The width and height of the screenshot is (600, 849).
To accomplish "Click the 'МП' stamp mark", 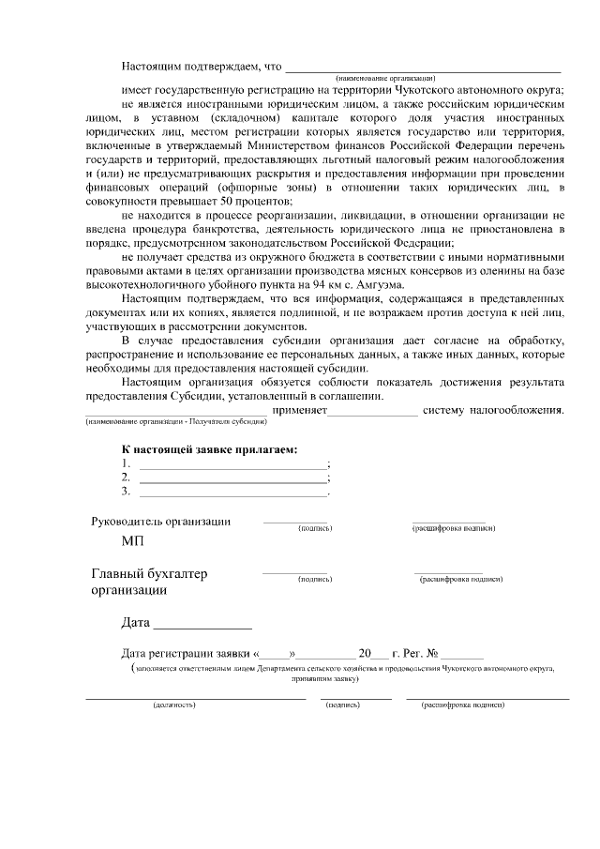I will coord(133,541).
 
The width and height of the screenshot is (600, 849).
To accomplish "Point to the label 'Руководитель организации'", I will coord(160,522).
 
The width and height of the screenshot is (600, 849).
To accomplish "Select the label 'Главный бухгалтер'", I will coord(149,574).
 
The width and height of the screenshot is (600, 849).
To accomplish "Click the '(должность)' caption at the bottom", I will coord(173,704).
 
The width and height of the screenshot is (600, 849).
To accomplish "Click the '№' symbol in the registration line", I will coord(433,654).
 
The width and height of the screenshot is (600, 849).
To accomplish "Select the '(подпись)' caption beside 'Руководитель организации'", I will coord(315,529).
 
